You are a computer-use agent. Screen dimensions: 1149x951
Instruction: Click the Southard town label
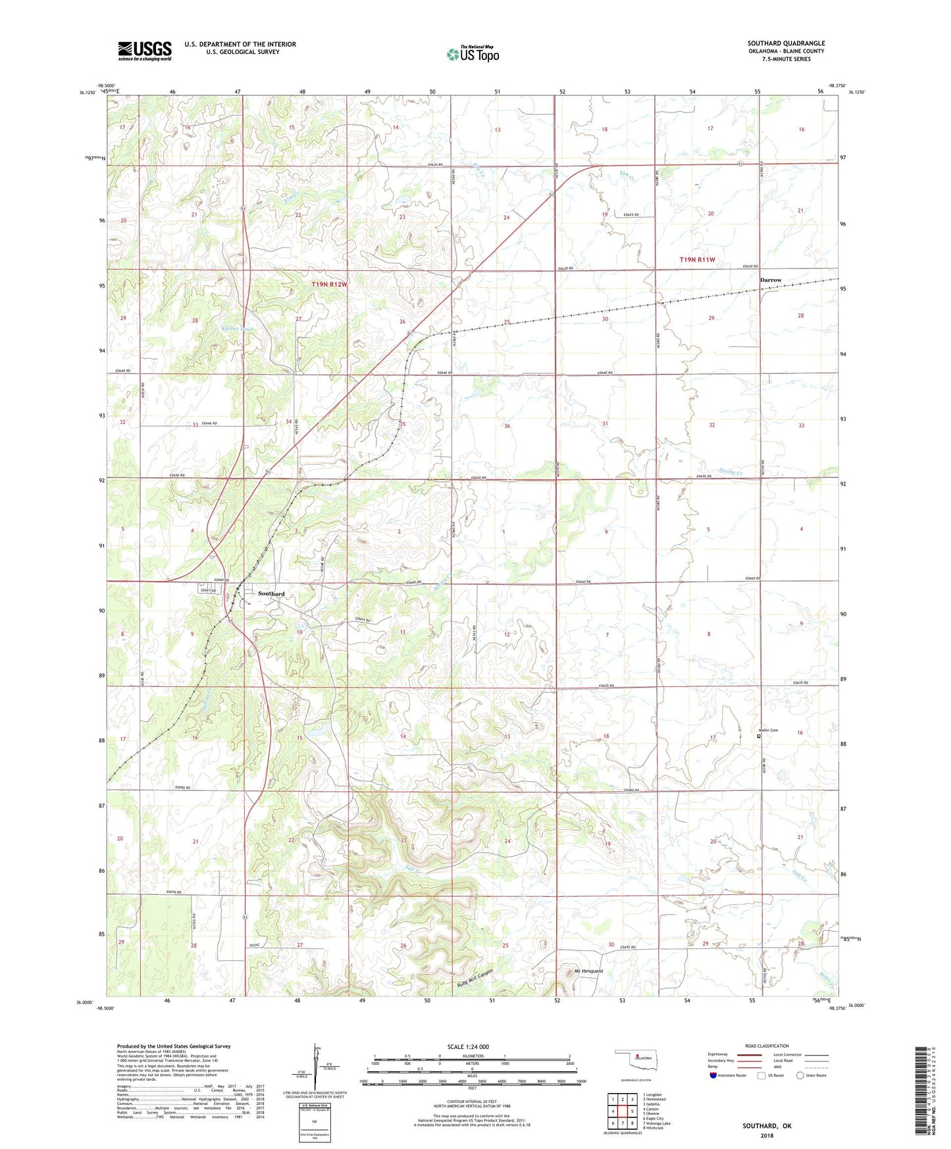(x=271, y=594)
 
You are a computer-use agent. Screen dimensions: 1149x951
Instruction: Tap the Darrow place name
(x=771, y=280)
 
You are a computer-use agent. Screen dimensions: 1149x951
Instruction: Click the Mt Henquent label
(x=584, y=971)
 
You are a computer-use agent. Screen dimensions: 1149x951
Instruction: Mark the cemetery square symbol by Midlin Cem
(x=758, y=736)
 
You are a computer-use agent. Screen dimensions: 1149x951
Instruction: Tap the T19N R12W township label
(x=328, y=284)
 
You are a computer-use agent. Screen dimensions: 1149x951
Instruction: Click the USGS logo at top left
(x=145, y=51)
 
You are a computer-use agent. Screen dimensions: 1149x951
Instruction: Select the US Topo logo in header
(x=473, y=53)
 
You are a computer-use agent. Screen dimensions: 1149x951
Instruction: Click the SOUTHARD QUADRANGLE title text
(x=786, y=43)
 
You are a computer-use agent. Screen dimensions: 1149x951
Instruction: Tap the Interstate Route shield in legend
(x=713, y=1075)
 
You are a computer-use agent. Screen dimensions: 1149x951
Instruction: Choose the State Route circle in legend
(x=800, y=1075)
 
